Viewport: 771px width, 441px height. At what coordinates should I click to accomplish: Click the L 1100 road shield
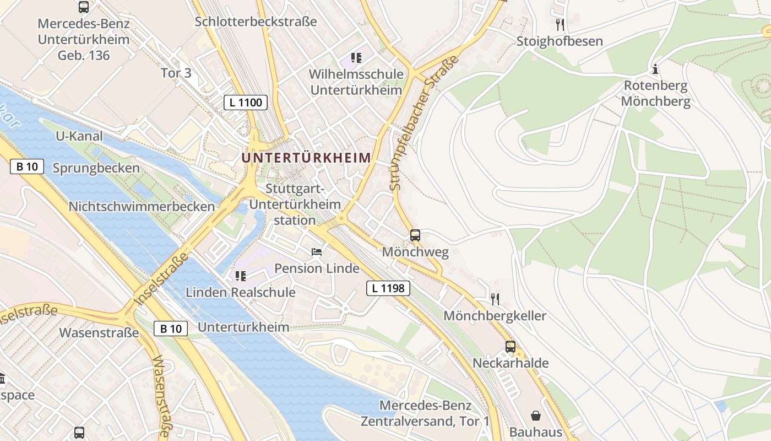coord(246,102)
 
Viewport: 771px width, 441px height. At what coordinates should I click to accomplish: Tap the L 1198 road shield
coord(388,288)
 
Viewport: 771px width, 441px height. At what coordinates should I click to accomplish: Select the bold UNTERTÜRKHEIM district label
coord(306,158)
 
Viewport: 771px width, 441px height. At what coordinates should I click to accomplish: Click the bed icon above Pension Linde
coord(317,252)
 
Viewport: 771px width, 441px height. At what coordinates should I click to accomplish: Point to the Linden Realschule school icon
coord(240,276)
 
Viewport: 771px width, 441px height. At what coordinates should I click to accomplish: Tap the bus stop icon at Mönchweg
coord(415,235)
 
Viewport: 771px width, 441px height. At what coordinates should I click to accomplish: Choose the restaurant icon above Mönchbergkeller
coord(495,299)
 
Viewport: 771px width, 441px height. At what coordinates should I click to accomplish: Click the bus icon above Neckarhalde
coord(511,347)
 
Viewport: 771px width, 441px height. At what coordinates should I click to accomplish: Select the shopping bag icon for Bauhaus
coord(535,416)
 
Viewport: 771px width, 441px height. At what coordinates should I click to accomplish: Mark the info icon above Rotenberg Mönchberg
coord(655,69)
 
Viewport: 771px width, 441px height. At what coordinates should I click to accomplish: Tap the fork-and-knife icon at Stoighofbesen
coord(560,24)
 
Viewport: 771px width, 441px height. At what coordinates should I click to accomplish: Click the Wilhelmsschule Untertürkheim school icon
coord(356,58)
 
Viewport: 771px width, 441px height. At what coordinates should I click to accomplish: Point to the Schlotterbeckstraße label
coord(256,21)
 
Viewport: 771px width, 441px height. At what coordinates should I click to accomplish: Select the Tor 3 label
coord(176,73)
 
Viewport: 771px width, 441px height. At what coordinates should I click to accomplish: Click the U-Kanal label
coord(79,136)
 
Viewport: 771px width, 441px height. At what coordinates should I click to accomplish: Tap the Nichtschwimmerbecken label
coord(142,207)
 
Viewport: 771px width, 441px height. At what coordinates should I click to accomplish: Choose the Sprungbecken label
coord(96,168)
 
